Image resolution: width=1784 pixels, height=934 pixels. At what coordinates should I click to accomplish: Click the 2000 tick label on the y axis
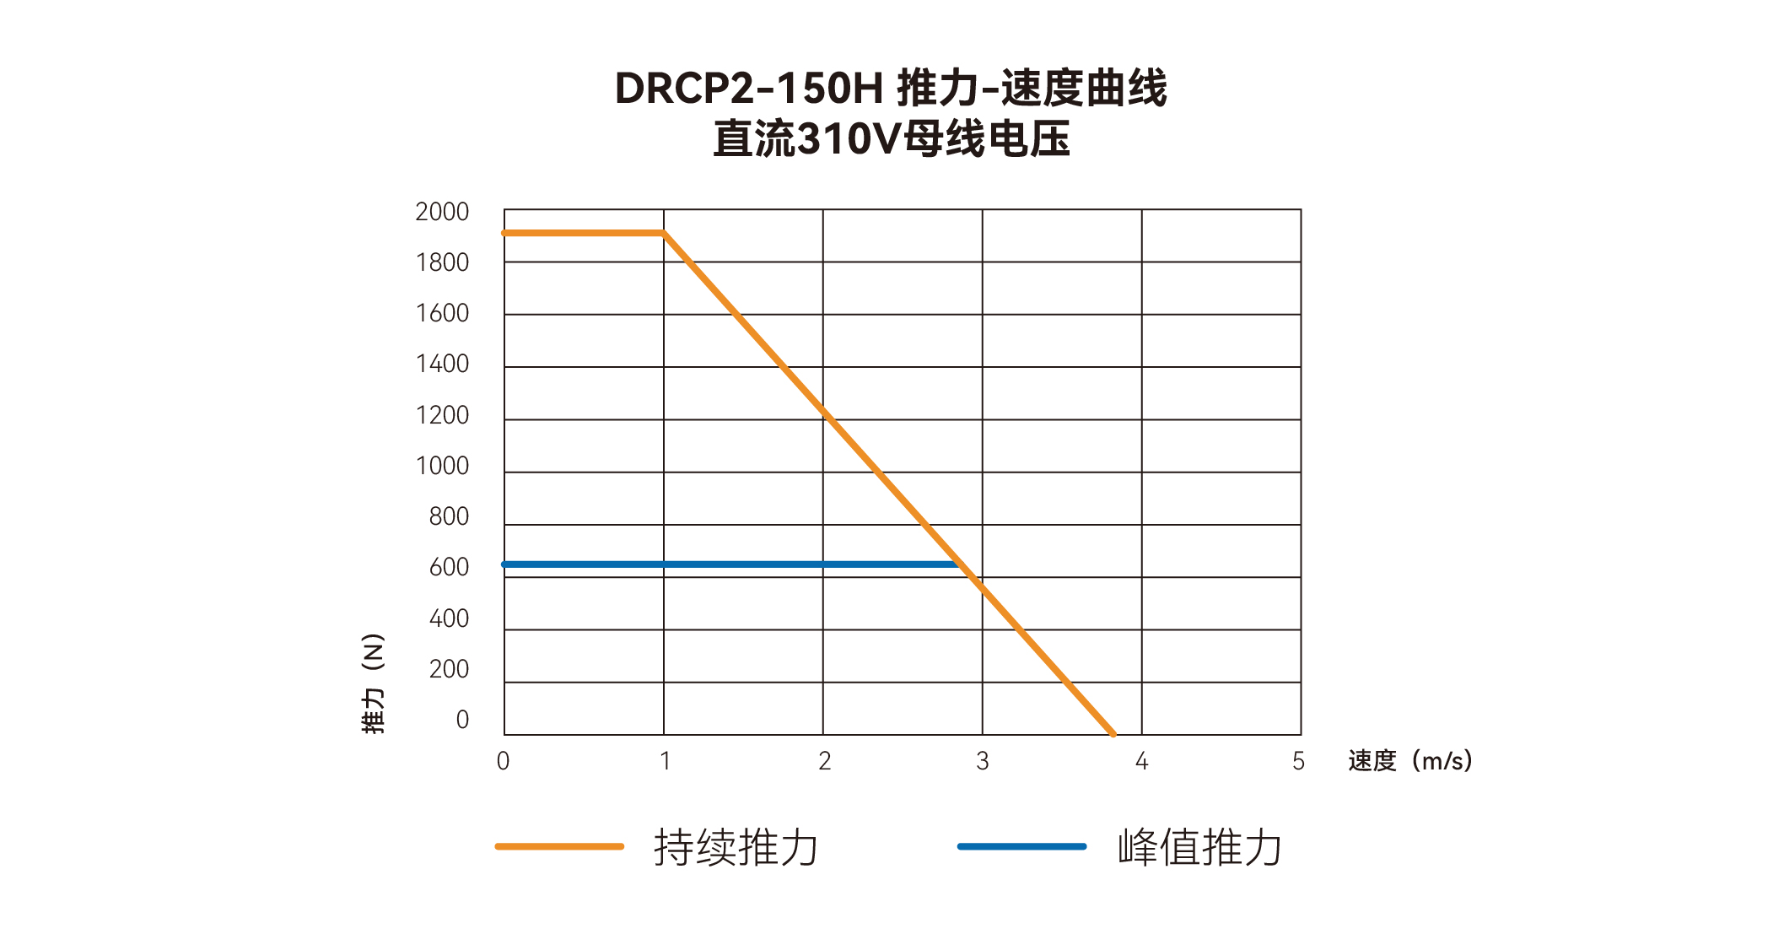441,212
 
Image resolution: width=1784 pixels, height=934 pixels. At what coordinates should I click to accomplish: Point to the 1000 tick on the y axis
441,466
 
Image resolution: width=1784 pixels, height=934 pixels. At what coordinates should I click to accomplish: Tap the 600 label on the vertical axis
449,567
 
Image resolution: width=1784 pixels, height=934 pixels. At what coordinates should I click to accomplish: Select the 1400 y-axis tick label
441,364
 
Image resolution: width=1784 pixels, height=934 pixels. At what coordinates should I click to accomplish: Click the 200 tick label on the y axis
449,669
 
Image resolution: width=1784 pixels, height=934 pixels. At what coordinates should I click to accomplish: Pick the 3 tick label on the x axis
983,761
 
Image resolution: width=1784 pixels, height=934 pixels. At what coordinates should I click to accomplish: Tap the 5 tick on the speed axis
1298,761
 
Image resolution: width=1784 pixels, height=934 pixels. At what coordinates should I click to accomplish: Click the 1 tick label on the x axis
665,761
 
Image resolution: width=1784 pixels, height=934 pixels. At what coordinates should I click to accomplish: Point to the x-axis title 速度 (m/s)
1409,761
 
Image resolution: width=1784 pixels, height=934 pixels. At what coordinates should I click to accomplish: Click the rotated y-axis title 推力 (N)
373,683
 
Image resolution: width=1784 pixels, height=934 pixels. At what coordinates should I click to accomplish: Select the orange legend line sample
559,846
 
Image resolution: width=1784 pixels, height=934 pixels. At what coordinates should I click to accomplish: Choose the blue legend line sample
1021,846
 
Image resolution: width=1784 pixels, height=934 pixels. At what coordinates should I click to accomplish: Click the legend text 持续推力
736,847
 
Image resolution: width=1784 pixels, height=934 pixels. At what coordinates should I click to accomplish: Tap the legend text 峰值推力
1199,847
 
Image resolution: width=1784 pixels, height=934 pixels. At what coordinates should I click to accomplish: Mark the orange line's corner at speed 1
664,233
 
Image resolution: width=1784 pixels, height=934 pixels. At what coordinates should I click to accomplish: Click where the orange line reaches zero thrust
1113,734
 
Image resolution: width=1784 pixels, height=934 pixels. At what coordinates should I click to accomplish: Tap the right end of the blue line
956,564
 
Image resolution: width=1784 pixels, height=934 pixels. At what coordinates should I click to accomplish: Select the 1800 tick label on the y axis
441,262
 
